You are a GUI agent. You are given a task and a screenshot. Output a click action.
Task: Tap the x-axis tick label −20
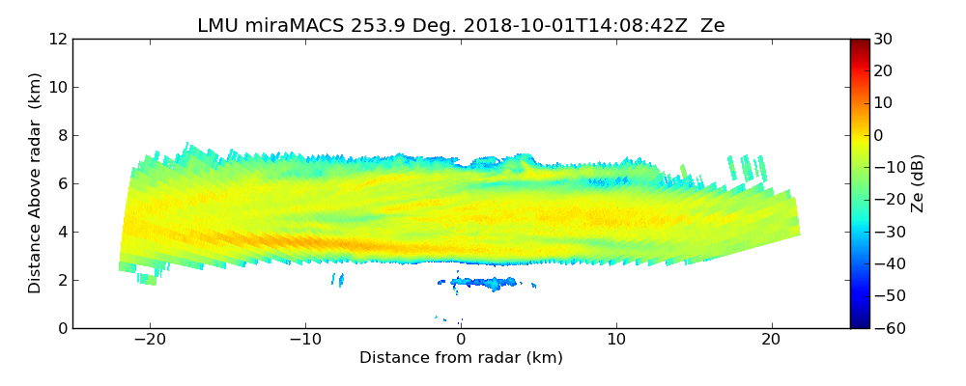[150, 340]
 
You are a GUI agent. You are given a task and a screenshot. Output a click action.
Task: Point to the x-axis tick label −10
[305, 340]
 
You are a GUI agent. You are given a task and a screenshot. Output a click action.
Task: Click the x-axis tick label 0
[461, 340]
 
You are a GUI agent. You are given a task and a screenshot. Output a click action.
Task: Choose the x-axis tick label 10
[616, 340]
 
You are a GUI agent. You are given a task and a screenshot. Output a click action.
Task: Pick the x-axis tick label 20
[771, 340]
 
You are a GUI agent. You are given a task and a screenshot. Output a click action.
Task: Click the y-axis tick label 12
[57, 39]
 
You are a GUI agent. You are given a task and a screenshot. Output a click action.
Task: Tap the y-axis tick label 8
[62, 135]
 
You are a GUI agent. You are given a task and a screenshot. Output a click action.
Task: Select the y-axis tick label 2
[62, 280]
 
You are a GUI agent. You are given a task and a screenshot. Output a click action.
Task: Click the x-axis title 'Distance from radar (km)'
[461, 358]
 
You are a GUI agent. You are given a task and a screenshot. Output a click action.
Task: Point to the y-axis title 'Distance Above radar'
[36, 183]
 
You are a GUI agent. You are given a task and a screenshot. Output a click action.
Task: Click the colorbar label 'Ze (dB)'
[918, 183]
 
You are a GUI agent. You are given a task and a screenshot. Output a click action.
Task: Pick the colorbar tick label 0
[880, 135]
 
